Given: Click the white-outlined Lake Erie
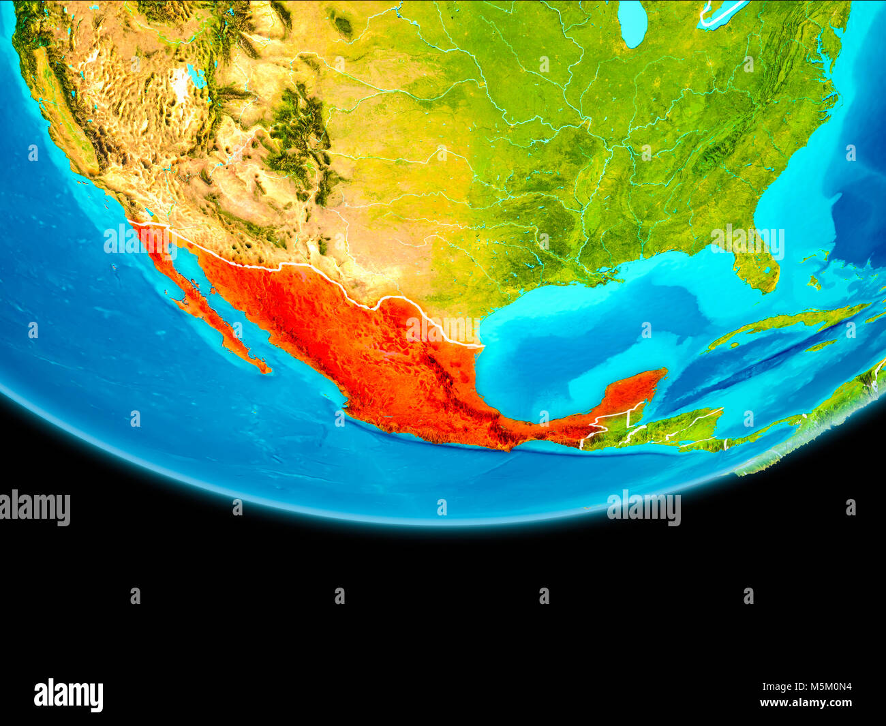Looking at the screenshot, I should point(722,14).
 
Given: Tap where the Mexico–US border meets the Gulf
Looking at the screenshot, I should point(481,346).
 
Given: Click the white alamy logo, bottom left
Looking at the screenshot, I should point(69,695).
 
